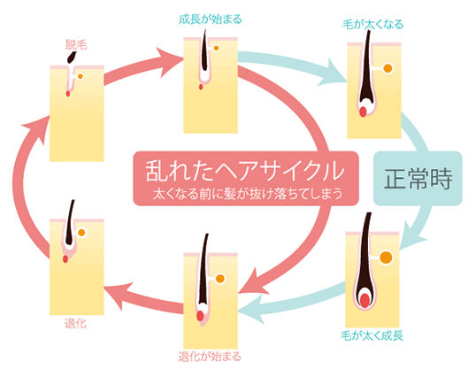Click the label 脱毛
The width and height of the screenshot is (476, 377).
pyautogui.click(x=76, y=42)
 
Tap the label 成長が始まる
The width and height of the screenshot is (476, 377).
pyautogui.click(x=210, y=17)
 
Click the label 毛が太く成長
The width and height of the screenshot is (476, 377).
pyautogui.click(x=372, y=335)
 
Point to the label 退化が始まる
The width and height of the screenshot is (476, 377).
pyautogui.click(x=209, y=358)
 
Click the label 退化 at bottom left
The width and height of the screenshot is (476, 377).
pyautogui.click(x=76, y=323)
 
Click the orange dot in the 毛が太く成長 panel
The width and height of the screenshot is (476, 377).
pyautogui.click(x=386, y=258)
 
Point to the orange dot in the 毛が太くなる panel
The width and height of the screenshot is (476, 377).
pyautogui.click(x=386, y=67)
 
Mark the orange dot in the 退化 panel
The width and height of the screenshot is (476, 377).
pyautogui.click(x=81, y=233)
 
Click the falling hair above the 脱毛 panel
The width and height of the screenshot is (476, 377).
pyautogui.click(x=71, y=57)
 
